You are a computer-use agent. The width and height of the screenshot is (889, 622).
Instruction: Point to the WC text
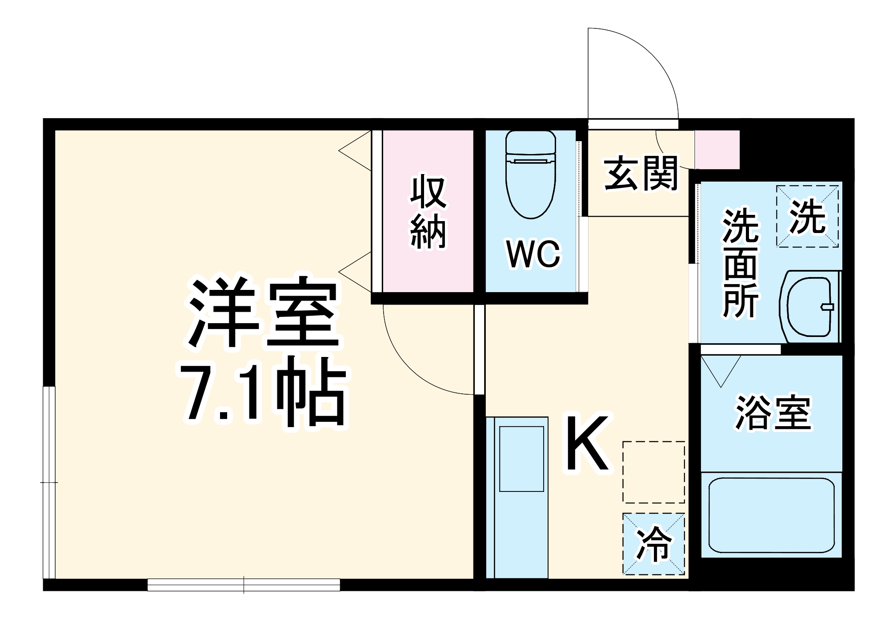pos(533,254)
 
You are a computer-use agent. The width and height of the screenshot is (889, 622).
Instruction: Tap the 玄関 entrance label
pos(641,174)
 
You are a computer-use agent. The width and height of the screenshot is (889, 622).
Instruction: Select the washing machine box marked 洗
pos(807,216)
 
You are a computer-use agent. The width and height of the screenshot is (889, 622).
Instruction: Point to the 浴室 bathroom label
pos(773,413)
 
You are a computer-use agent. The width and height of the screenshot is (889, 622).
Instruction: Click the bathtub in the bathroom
pos(771,515)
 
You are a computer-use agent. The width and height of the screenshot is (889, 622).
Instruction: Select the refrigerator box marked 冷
pos(653,544)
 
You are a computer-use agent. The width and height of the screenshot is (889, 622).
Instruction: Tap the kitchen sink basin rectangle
pos(521,459)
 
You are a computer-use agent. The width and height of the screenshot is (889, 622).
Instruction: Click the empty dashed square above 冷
pos(653,472)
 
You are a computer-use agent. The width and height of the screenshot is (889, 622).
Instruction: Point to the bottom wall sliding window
pos(244,585)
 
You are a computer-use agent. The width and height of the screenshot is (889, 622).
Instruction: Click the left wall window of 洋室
pos(49,482)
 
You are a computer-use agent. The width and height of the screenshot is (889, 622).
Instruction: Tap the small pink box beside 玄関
pos(717,150)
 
